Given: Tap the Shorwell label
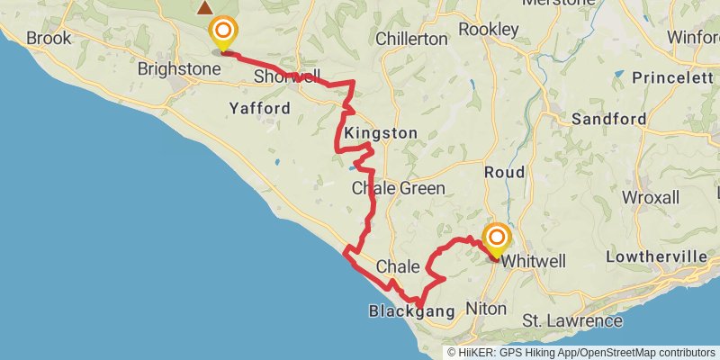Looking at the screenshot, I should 286,76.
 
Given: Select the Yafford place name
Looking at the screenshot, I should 259,108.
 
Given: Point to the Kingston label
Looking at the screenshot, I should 381,133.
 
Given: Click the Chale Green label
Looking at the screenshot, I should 398,188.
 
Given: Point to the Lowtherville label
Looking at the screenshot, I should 657,256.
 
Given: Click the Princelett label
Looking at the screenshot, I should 672,78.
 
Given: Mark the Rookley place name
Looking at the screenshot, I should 489,30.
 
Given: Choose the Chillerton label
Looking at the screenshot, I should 411,39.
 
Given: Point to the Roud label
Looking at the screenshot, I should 504,172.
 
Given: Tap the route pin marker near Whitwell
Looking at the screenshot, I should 496,238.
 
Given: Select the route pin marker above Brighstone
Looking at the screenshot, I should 222,33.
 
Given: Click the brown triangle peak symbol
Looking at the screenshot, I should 205,8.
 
